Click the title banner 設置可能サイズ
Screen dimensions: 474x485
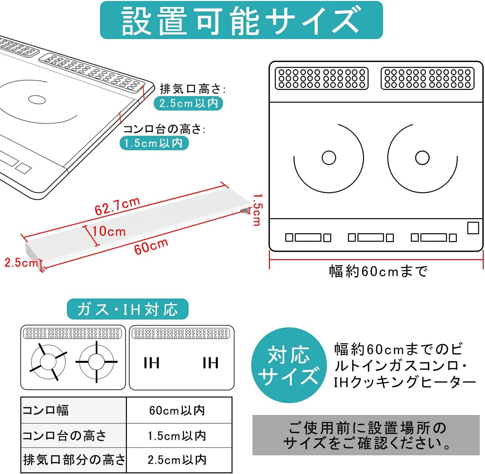coord(241,20)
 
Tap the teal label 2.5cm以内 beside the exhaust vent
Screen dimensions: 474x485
coord(188,103)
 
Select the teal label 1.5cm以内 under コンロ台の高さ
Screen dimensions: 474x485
coord(154,143)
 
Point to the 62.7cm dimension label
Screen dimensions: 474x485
coord(117,206)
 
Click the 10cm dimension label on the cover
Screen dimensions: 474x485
coord(109,231)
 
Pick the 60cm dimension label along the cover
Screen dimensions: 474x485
coord(151,246)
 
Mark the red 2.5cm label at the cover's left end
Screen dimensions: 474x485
coord(21,263)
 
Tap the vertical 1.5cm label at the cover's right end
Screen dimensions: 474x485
coord(257,209)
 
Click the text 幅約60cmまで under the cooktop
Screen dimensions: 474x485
coord(378,271)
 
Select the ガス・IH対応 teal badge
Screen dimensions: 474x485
coord(128,309)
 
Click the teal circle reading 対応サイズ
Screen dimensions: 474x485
coord(289,365)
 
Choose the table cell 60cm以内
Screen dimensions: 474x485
coord(177,410)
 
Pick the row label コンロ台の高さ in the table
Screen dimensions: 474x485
coord(64,436)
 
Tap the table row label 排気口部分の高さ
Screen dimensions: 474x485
coord(74,460)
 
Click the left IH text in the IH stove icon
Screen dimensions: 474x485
coord(151,363)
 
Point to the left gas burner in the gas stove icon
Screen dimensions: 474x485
coord(48,362)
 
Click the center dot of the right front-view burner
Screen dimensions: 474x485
coord(422,158)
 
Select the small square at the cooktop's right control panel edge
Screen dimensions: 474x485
coord(473,228)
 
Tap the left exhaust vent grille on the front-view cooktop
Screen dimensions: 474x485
coord(322,79)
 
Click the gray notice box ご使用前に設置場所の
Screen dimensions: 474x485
coord(366,435)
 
